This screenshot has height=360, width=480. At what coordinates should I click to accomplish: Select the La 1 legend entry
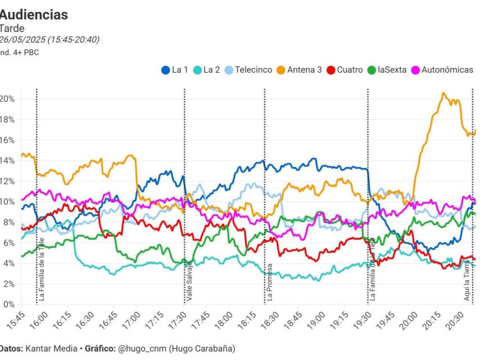pos(174,70)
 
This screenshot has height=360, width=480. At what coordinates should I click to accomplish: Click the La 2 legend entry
pos(206,70)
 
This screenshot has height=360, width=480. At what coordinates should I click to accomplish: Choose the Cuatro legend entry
pos(344,70)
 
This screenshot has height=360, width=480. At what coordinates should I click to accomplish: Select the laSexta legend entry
pos(386,70)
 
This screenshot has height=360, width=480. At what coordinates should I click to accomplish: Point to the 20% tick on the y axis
pos(8,99)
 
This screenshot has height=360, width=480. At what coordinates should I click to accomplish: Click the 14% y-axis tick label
pos(8,161)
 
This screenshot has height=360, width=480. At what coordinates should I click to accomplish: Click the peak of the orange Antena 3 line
pos(443,93)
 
